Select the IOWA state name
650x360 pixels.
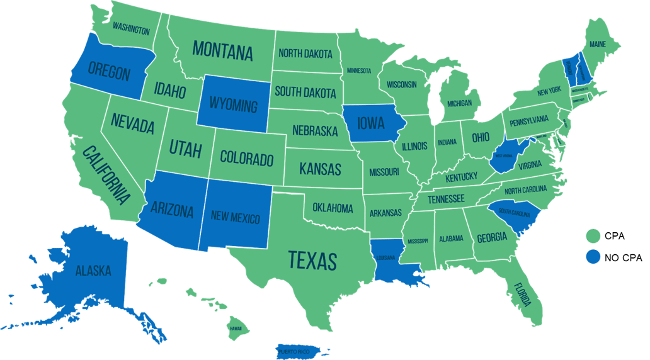[372, 122]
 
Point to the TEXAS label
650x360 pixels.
[312, 259]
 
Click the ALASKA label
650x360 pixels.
[93, 271]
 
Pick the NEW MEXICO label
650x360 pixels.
[236, 218]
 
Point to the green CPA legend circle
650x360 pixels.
[591, 236]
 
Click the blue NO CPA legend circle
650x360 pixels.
[591, 257]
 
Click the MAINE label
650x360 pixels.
[598, 44]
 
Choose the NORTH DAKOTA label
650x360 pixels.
[305, 54]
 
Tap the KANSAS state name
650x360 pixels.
[320, 169]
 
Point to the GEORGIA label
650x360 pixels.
[492, 237]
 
